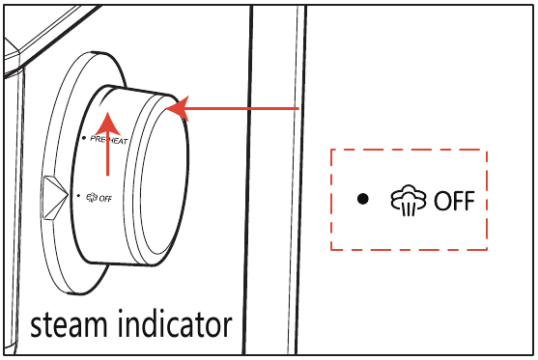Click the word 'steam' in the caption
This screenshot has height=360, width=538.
[69, 324]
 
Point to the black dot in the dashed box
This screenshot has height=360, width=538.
[363, 200]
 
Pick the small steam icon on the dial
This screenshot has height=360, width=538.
[90, 196]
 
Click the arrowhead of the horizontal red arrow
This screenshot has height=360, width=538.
[177, 109]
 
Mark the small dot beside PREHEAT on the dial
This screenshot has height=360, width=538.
[85, 138]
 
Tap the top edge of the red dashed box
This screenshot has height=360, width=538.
[410, 150]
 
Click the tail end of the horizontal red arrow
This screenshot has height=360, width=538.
[296, 109]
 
